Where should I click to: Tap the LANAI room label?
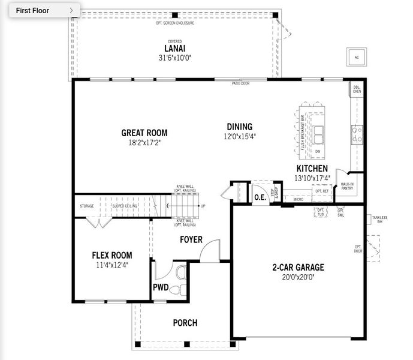[x=174, y=49]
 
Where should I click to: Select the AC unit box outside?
[x=357, y=58]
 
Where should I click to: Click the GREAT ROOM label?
[x=144, y=133]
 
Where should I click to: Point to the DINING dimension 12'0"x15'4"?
[x=239, y=136]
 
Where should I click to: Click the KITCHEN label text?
[x=312, y=169]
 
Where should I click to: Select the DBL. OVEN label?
[x=357, y=89]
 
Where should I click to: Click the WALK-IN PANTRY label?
[x=346, y=187]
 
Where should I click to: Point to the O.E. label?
[x=260, y=197]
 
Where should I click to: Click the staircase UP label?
[x=203, y=206]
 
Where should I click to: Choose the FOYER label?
[x=191, y=240]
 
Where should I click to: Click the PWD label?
[x=161, y=287]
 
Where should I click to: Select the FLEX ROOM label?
[x=112, y=256]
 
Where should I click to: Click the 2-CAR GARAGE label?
[x=298, y=268]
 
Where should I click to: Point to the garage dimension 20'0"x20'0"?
[x=298, y=277]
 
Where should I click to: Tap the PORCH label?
[x=185, y=323]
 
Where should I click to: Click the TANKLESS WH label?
[x=379, y=219]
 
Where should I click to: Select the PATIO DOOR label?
[x=241, y=84]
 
